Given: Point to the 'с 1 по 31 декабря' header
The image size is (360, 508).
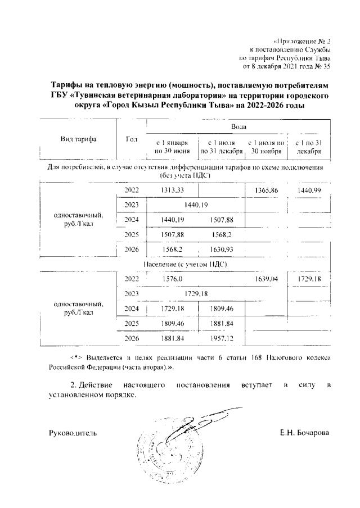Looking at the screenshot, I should (x=308, y=147).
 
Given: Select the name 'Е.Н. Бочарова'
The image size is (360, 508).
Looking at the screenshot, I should (x=304, y=433).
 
